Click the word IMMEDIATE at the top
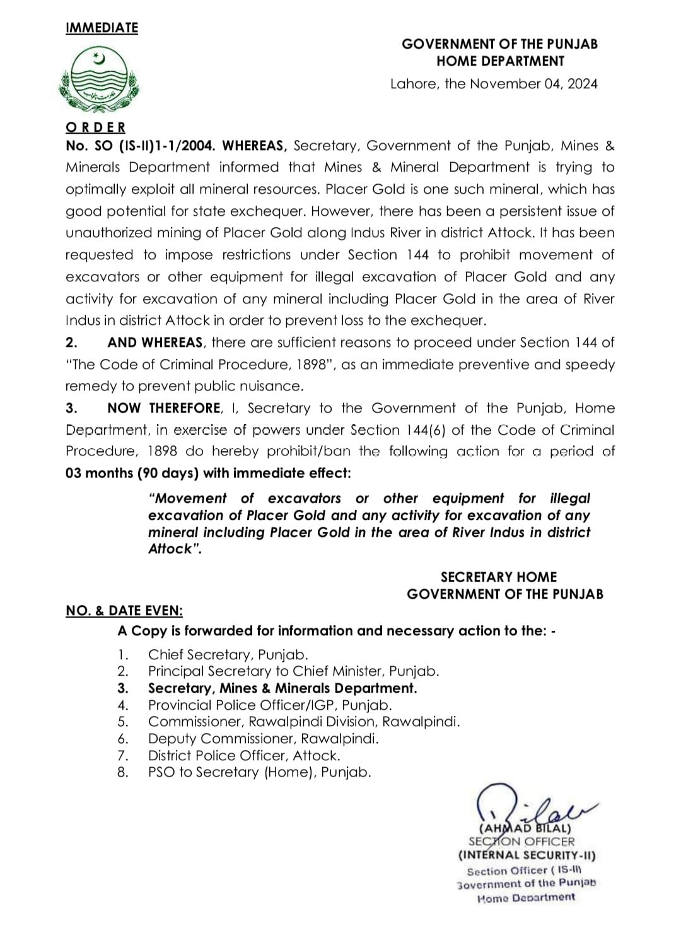tap(102, 28)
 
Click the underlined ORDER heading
tap(95, 127)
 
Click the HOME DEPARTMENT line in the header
tap(501, 61)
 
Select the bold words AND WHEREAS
tap(155, 343)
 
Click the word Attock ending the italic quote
tap(172, 549)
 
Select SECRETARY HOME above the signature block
tap(499, 577)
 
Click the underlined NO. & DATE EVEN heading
tap(124, 611)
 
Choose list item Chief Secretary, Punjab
tap(228, 655)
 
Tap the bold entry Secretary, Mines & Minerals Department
tap(282, 688)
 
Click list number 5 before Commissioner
tap(123, 722)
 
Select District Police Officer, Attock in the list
tap(244, 755)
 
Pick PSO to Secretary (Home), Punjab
tap(259, 772)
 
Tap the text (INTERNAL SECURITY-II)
tap(527, 856)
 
